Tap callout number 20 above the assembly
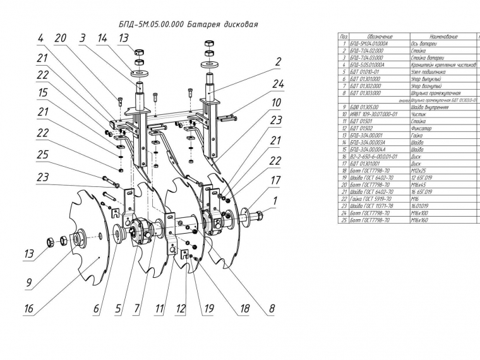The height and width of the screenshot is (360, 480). (60, 38)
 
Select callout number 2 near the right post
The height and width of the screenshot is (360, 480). (277, 62)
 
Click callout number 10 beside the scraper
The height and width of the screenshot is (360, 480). (276, 102)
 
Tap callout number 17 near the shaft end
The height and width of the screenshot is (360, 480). (276, 181)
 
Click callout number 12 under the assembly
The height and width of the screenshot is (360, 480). (181, 309)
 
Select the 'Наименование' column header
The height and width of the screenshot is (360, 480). (438, 38)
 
